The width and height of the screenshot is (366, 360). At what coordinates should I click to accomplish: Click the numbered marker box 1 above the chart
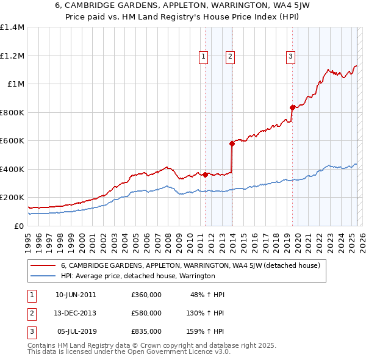203,57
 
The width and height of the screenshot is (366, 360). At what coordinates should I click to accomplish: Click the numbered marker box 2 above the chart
230,57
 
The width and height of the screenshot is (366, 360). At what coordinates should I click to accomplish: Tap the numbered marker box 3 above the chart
290,57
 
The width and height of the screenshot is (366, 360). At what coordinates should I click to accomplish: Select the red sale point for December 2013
232,144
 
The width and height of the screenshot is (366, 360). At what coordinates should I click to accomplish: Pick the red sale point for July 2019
292,107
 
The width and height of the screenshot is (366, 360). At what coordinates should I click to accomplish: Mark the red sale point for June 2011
205,175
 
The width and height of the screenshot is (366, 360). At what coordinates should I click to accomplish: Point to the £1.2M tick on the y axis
12,56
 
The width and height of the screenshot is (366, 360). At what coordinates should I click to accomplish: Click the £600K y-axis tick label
12,141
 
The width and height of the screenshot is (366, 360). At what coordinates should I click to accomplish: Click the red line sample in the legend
43,265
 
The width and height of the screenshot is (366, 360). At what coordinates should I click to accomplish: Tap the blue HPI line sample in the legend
43,276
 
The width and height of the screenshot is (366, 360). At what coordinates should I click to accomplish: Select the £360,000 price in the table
146,295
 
